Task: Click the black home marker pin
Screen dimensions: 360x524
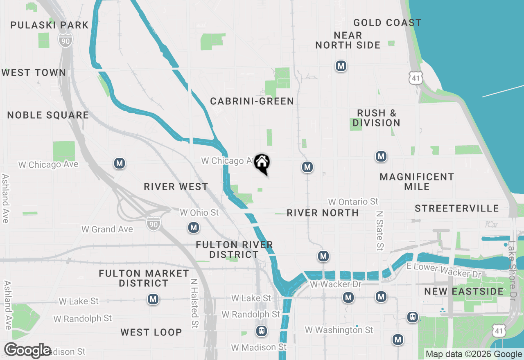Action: pyautogui.click(x=262, y=163)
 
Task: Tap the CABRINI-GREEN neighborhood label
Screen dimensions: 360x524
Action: pyautogui.click(x=252, y=101)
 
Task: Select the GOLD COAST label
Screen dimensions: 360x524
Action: pyautogui.click(x=387, y=22)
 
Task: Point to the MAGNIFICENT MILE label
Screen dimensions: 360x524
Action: pyautogui.click(x=417, y=182)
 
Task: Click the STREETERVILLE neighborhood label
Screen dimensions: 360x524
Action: pyautogui.click(x=456, y=208)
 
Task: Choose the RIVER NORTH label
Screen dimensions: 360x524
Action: pyautogui.click(x=323, y=213)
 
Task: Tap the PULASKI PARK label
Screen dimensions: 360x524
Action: pyautogui.click(x=49, y=25)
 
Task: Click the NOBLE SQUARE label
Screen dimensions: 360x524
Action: pyautogui.click(x=48, y=115)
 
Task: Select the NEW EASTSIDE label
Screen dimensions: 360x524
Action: pyautogui.click(x=463, y=291)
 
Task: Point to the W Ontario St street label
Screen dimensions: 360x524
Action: pyautogui.click(x=353, y=202)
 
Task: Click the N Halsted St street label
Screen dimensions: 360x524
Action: pyautogui.click(x=194, y=304)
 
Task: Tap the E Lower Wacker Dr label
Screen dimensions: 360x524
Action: pyautogui.click(x=444, y=270)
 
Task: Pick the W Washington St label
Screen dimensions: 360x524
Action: pyautogui.click(x=339, y=330)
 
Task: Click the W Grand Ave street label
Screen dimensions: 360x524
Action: pyautogui.click(x=107, y=229)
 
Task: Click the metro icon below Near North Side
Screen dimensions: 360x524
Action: pyautogui.click(x=341, y=65)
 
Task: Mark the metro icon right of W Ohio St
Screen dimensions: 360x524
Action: pyautogui.click(x=194, y=227)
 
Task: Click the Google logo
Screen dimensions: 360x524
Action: pyautogui.click(x=27, y=351)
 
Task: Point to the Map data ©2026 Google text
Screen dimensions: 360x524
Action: pyautogui.click(x=474, y=354)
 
